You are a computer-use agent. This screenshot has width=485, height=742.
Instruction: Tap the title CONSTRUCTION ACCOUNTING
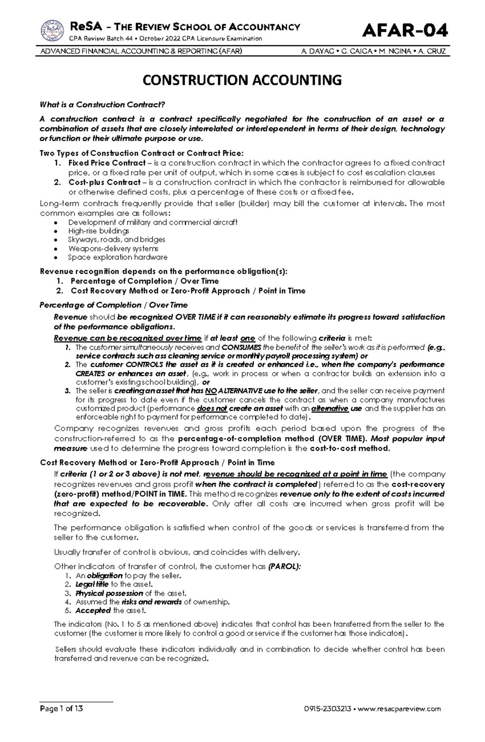pyautogui.click(x=242, y=80)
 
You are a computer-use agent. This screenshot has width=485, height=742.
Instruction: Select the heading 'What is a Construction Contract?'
pyautogui.click(x=102, y=105)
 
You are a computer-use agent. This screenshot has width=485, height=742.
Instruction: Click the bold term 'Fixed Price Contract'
pyautogui.click(x=107, y=163)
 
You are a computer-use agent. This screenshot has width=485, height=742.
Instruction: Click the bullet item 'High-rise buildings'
pyautogui.click(x=99, y=231)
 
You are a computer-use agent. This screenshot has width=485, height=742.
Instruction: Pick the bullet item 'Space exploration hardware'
pyautogui.click(x=117, y=257)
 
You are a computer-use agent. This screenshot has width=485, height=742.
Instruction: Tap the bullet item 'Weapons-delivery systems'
pyautogui.click(x=113, y=249)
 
